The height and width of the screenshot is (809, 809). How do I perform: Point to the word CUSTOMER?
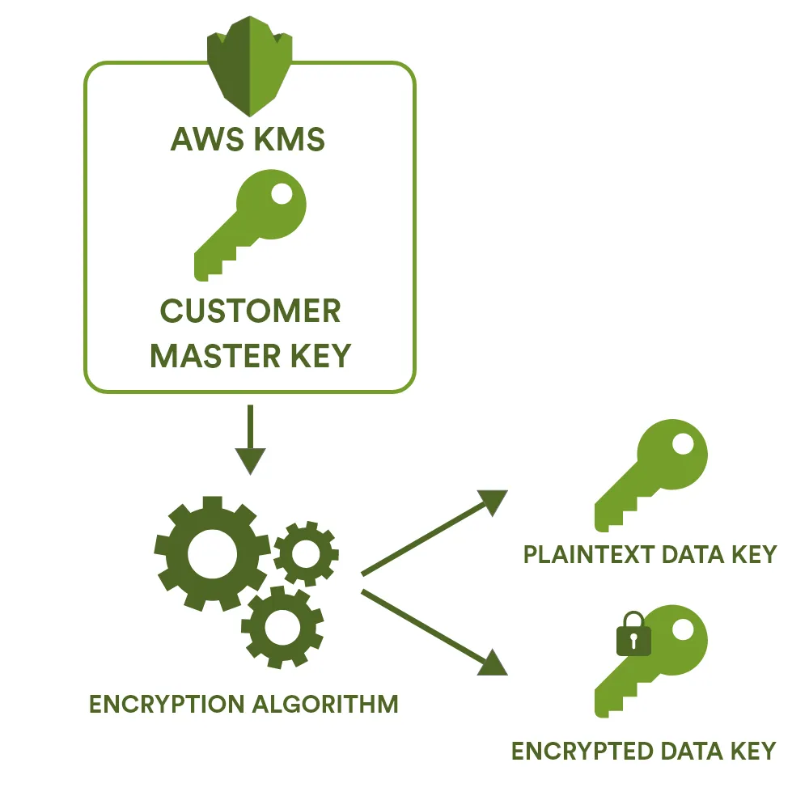[x=250, y=311]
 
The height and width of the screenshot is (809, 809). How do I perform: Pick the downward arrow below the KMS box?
[x=250, y=441]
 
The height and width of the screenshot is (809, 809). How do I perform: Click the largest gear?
[x=212, y=553]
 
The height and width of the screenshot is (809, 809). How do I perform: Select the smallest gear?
[x=306, y=554]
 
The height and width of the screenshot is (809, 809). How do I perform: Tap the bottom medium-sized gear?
[x=282, y=626]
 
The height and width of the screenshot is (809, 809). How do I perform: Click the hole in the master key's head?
[x=282, y=195]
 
